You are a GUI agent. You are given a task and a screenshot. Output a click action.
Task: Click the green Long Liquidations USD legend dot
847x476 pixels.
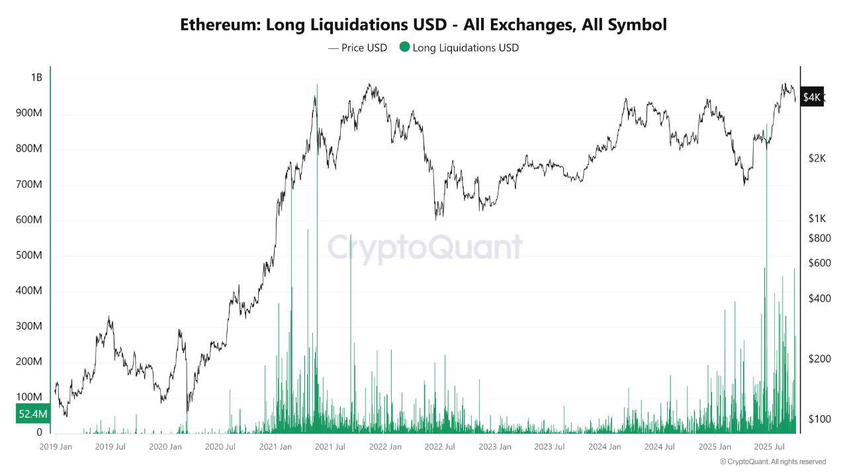pyautogui.click(x=404, y=48)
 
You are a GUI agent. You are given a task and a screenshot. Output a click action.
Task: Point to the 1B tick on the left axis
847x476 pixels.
pyautogui.click(x=36, y=78)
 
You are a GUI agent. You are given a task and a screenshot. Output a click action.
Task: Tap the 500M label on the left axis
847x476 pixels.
pyautogui.click(x=28, y=256)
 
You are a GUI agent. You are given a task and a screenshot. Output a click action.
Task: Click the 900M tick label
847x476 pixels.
pyautogui.click(x=28, y=114)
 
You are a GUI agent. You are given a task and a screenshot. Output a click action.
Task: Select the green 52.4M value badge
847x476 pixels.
pyautogui.click(x=32, y=414)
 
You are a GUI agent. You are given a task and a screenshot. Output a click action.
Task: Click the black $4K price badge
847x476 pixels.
pyautogui.click(x=811, y=97)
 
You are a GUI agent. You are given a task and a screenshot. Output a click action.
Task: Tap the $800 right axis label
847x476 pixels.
pyautogui.click(x=819, y=238)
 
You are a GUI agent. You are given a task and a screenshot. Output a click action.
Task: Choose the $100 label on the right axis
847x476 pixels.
pyautogui.click(x=819, y=419)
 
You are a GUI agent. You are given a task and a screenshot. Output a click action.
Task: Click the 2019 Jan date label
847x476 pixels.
pyautogui.click(x=56, y=447)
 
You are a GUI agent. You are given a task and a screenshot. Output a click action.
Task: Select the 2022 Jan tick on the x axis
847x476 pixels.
pyautogui.click(x=385, y=447)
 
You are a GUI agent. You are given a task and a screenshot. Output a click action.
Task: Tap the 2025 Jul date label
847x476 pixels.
pyautogui.click(x=770, y=447)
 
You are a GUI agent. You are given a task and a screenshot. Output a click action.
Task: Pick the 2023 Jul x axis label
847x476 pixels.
pyautogui.click(x=550, y=447)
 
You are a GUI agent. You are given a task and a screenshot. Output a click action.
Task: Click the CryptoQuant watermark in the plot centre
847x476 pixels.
pyautogui.click(x=425, y=248)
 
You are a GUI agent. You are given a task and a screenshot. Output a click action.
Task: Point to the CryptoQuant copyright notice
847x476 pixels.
pyautogui.click(x=772, y=461)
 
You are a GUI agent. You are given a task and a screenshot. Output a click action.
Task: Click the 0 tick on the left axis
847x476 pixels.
pyautogui.click(x=40, y=432)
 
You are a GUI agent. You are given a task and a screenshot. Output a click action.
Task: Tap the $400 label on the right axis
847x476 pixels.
pyautogui.click(x=819, y=299)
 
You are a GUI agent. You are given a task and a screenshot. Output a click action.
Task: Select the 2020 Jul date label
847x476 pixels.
pyautogui.click(x=220, y=447)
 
